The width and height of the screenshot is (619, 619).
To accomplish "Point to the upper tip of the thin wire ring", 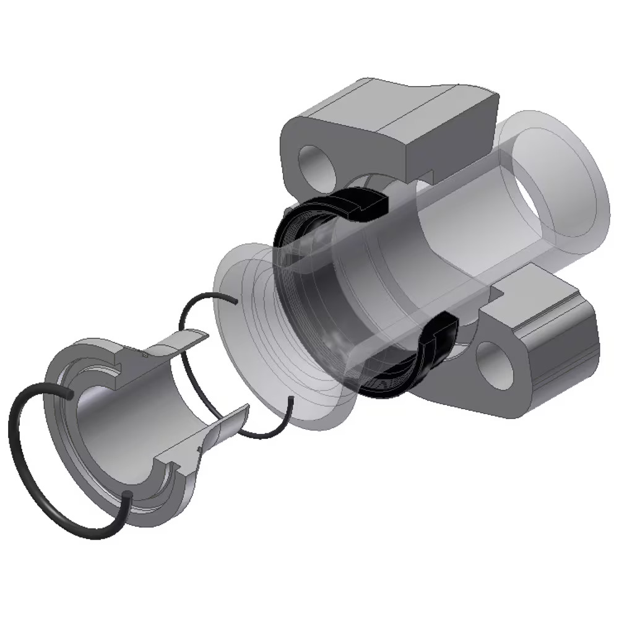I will [x=235, y=301].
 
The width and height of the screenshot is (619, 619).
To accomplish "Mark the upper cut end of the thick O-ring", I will [x=71, y=394].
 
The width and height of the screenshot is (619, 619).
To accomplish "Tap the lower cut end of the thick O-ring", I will [x=126, y=495].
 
